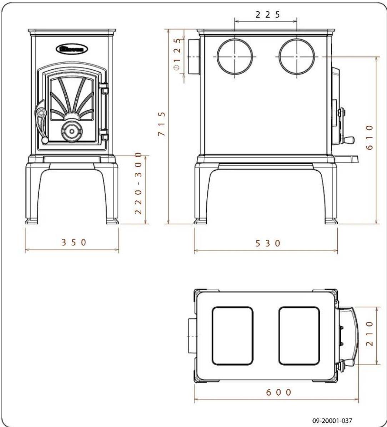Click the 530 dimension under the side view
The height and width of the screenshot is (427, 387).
[267, 243]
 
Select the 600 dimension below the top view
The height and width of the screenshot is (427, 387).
[278, 392]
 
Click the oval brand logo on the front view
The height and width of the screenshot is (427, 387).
[72, 49]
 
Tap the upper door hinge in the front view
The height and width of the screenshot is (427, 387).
[104, 88]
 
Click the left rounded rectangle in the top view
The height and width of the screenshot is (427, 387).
[233, 336]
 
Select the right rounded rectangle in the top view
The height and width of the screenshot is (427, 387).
[299, 336]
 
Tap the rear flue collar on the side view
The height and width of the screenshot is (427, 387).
[193, 57]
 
